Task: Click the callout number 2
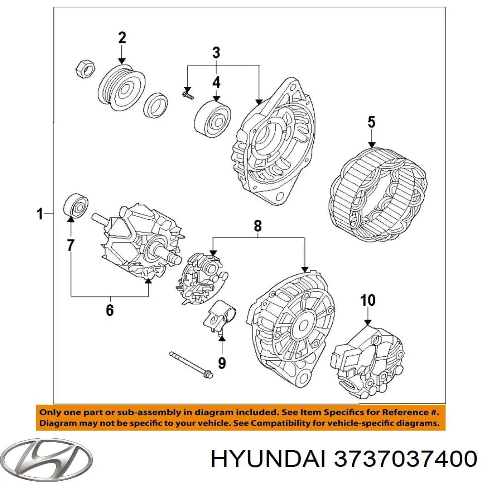tap(122, 38)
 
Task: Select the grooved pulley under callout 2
tap(122, 87)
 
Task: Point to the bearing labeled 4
tap(212, 117)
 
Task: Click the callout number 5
tap(371, 122)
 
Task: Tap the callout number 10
tap(368, 300)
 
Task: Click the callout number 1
tap(39, 214)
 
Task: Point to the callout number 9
tap(221, 363)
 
